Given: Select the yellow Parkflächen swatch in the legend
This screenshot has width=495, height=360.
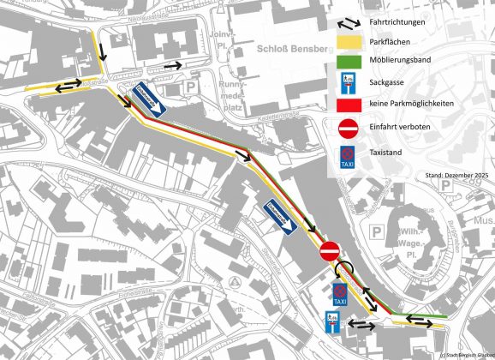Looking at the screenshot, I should (349, 41).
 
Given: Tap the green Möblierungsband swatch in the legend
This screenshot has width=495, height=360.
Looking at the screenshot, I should (349, 61).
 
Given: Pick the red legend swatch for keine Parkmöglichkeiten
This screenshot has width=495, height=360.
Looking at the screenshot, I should (349, 105).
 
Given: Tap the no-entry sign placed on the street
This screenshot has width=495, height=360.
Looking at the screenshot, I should (330, 252).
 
